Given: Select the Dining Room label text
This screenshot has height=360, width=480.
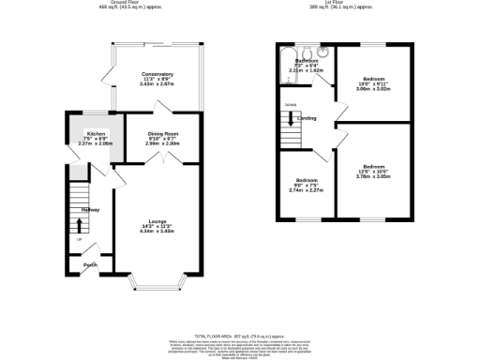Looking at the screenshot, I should click(162, 133).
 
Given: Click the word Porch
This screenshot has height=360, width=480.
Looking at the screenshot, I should click(90, 265).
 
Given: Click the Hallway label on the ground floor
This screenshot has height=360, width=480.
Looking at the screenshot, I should click(90, 210).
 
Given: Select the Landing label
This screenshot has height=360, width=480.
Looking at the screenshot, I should click(307, 119).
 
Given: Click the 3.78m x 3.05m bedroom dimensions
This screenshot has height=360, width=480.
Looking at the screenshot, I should click(373, 174).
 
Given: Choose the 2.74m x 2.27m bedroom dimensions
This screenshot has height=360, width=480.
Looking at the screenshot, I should click(307, 188).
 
